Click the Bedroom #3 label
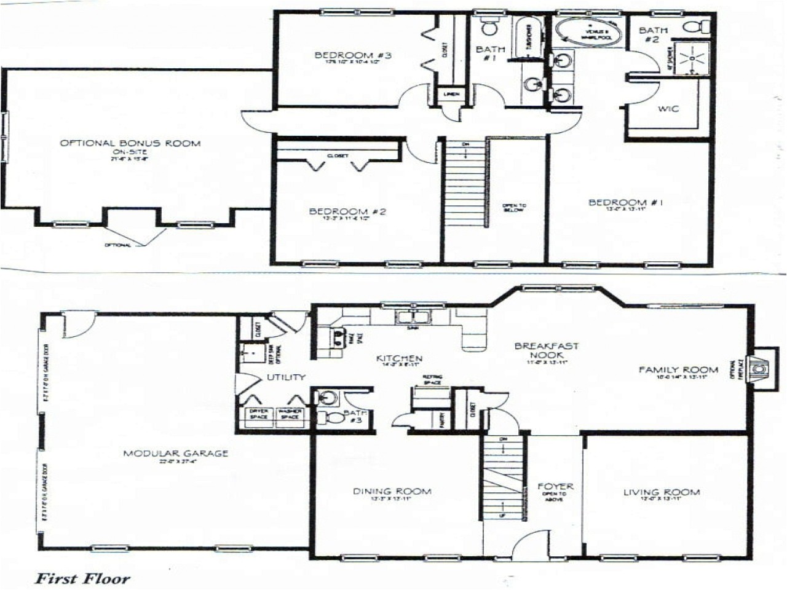(x=353, y=55)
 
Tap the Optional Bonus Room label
(x=130, y=143)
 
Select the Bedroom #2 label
(x=347, y=211)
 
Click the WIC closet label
(x=668, y=109)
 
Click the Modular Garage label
(x=176, y=454)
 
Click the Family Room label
(x=678, y=369)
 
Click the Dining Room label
(x=392, y=491)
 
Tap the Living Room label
(x=662, y=492)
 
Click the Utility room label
(x=286, y=377)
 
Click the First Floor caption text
(x=82, y=578)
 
